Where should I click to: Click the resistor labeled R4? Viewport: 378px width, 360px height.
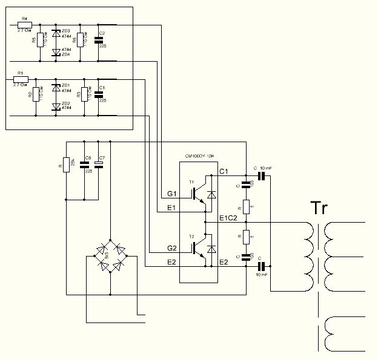tap(25, 25)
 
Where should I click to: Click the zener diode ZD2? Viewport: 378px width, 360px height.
tap(56, 106)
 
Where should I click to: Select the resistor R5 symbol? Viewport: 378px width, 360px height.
tap(40, 42)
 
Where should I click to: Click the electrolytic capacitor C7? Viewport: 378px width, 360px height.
tap(101, 163)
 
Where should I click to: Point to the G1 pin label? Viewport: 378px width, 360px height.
tap(172, 194)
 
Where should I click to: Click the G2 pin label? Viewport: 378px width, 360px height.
tap(172, 248)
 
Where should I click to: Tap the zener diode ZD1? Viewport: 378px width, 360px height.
tap(56, 88)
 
